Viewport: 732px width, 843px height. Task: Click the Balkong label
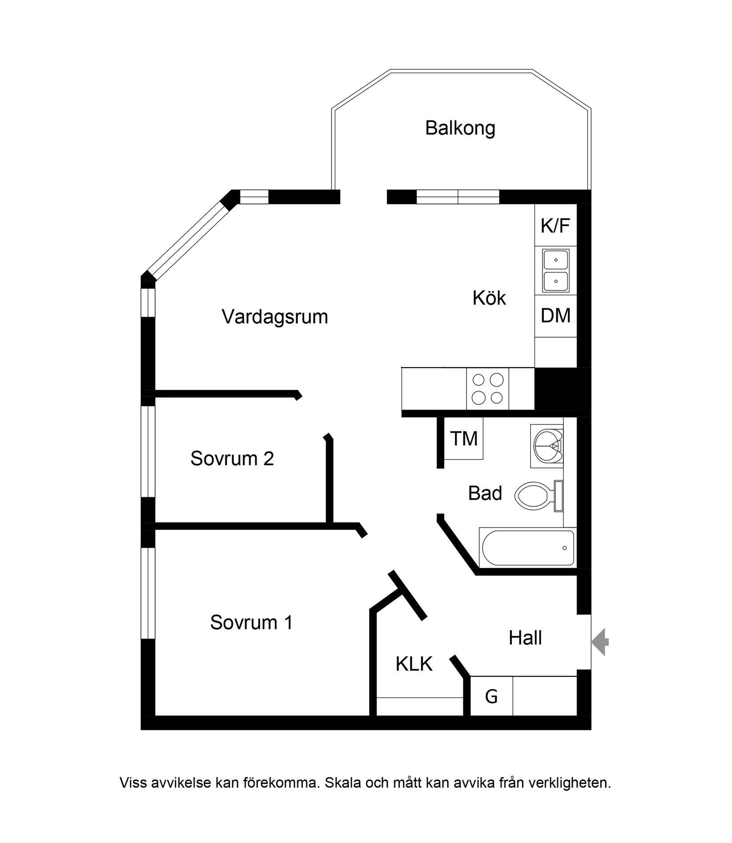(460, 128)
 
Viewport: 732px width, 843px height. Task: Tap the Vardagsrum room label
(275, 317)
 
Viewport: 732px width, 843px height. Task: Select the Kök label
(489, 298)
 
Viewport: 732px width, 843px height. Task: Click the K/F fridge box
(555, 226)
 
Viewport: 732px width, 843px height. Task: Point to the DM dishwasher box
(555, 316)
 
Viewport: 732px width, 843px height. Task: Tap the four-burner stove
(488, 389)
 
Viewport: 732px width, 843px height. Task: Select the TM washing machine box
(464, 439)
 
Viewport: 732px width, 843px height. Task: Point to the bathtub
(527, 548)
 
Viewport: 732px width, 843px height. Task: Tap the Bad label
(485, 494)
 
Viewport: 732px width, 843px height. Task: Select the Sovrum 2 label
(232, 459)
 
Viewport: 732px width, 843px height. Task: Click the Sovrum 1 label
(251, 623)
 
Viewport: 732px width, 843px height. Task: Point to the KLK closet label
(414, 664)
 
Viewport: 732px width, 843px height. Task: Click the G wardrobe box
(491, 696)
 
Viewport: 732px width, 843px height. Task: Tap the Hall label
(525, 638)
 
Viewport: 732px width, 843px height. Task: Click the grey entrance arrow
(601, 642)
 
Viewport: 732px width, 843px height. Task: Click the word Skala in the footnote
(343, 783)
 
